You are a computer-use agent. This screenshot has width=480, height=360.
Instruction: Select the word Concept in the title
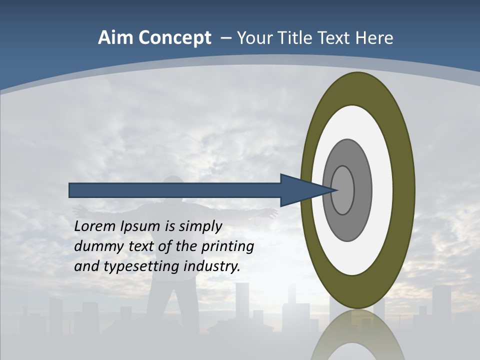tap(174, 38)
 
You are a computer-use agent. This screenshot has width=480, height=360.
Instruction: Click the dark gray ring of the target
tap(363, 190)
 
